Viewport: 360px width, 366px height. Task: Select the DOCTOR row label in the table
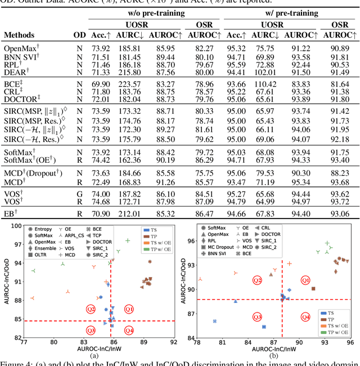(21, 99)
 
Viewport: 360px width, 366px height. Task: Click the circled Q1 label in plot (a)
(129, 309)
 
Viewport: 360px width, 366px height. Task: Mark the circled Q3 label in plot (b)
(257, 317)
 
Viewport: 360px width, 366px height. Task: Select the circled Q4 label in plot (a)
(129, 330)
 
